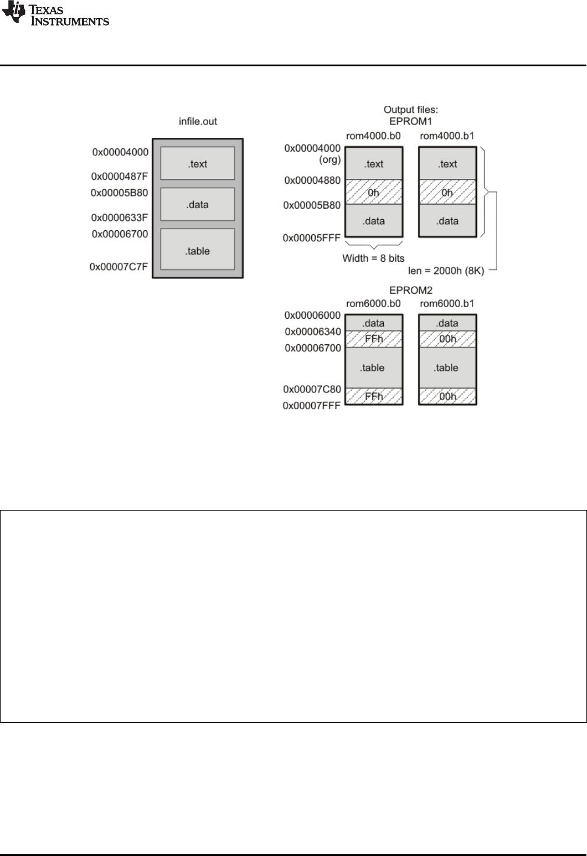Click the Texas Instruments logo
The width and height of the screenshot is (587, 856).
55,14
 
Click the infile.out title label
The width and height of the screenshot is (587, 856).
198,122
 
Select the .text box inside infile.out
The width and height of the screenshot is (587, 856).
198,163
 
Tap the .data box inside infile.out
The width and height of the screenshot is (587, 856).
198,204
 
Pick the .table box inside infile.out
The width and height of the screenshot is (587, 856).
198,251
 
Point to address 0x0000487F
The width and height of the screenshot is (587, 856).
120,176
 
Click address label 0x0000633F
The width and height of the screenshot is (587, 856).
120,217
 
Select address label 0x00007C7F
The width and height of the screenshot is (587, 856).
119,267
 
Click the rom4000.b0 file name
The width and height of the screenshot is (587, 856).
373,136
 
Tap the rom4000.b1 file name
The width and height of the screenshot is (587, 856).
447,136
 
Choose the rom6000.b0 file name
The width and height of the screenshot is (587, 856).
373,304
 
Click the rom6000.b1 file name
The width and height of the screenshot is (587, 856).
447,304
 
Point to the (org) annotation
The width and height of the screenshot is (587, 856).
330,159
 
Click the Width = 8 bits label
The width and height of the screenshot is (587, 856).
373,258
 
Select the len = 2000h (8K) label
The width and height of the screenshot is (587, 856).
446,270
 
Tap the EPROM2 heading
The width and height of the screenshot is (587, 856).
411,290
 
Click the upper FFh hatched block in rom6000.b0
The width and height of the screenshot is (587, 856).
373,339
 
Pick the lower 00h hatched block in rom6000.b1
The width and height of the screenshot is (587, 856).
447,396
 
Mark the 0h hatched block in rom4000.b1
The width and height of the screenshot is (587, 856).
447,192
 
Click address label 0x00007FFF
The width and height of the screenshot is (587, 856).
311,406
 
